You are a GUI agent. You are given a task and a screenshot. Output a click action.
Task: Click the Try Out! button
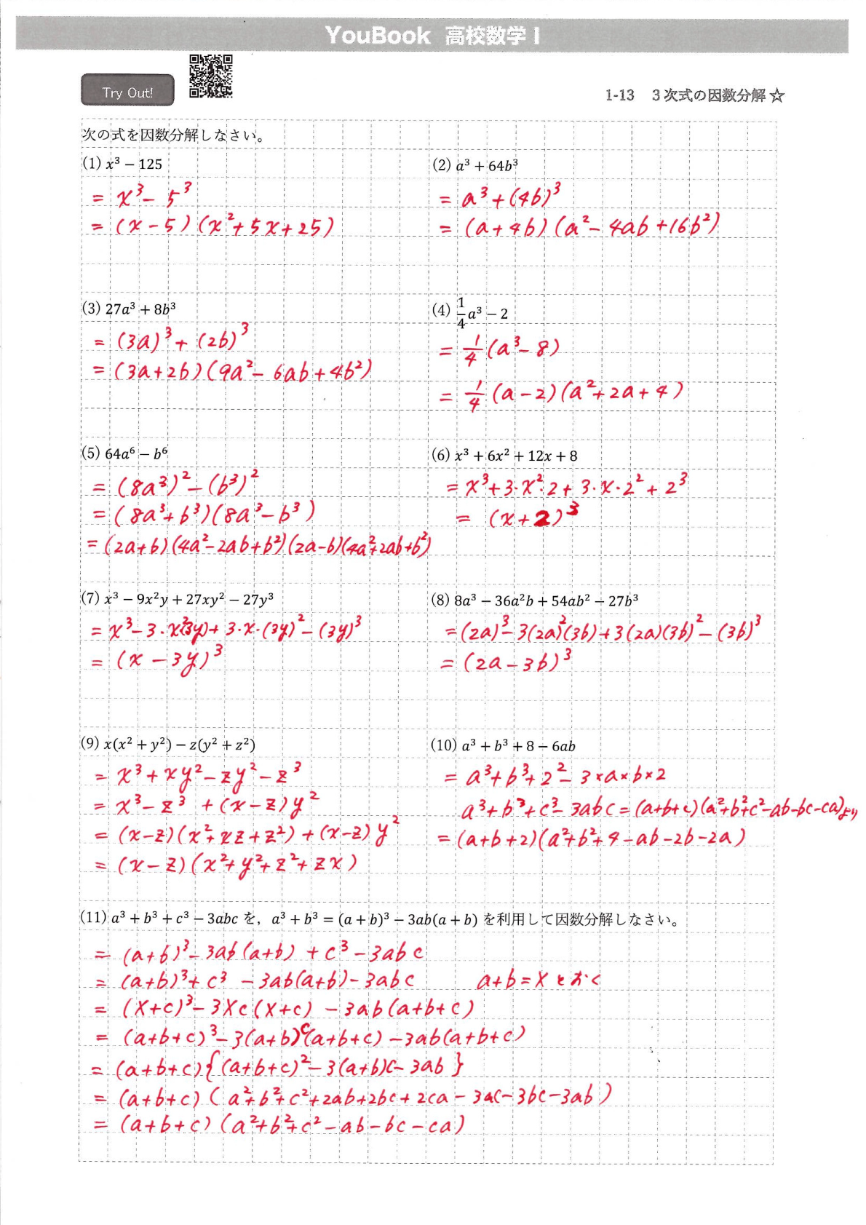tap(127, 91)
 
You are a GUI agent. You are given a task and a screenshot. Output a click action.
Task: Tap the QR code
tap(211, 76)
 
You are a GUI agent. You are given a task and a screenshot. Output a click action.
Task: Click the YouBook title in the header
tap(378, 36)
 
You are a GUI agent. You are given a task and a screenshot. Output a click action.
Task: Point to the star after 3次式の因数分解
tap(777, 95)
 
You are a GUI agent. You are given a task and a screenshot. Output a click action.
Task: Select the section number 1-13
tap(619, 95)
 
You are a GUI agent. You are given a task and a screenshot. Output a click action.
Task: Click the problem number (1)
tap(92, 163)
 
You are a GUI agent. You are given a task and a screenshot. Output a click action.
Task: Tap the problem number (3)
tap(91, 308)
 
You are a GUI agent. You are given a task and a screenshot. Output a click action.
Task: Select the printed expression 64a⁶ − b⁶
tap(136, 453)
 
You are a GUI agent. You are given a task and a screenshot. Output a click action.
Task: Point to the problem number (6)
tap(441, 456)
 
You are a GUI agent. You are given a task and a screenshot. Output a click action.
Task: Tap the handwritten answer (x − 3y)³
tap(169, 661)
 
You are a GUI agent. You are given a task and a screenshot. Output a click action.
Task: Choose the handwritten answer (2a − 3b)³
tap(517, 661)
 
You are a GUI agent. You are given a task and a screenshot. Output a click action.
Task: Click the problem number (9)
tap(90, 743)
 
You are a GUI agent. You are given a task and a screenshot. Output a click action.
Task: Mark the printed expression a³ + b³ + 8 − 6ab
tap(518, 746)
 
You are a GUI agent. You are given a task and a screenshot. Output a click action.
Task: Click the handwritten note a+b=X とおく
tap(539, 980)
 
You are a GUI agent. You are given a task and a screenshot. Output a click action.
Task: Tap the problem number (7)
tap(90, 598)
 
